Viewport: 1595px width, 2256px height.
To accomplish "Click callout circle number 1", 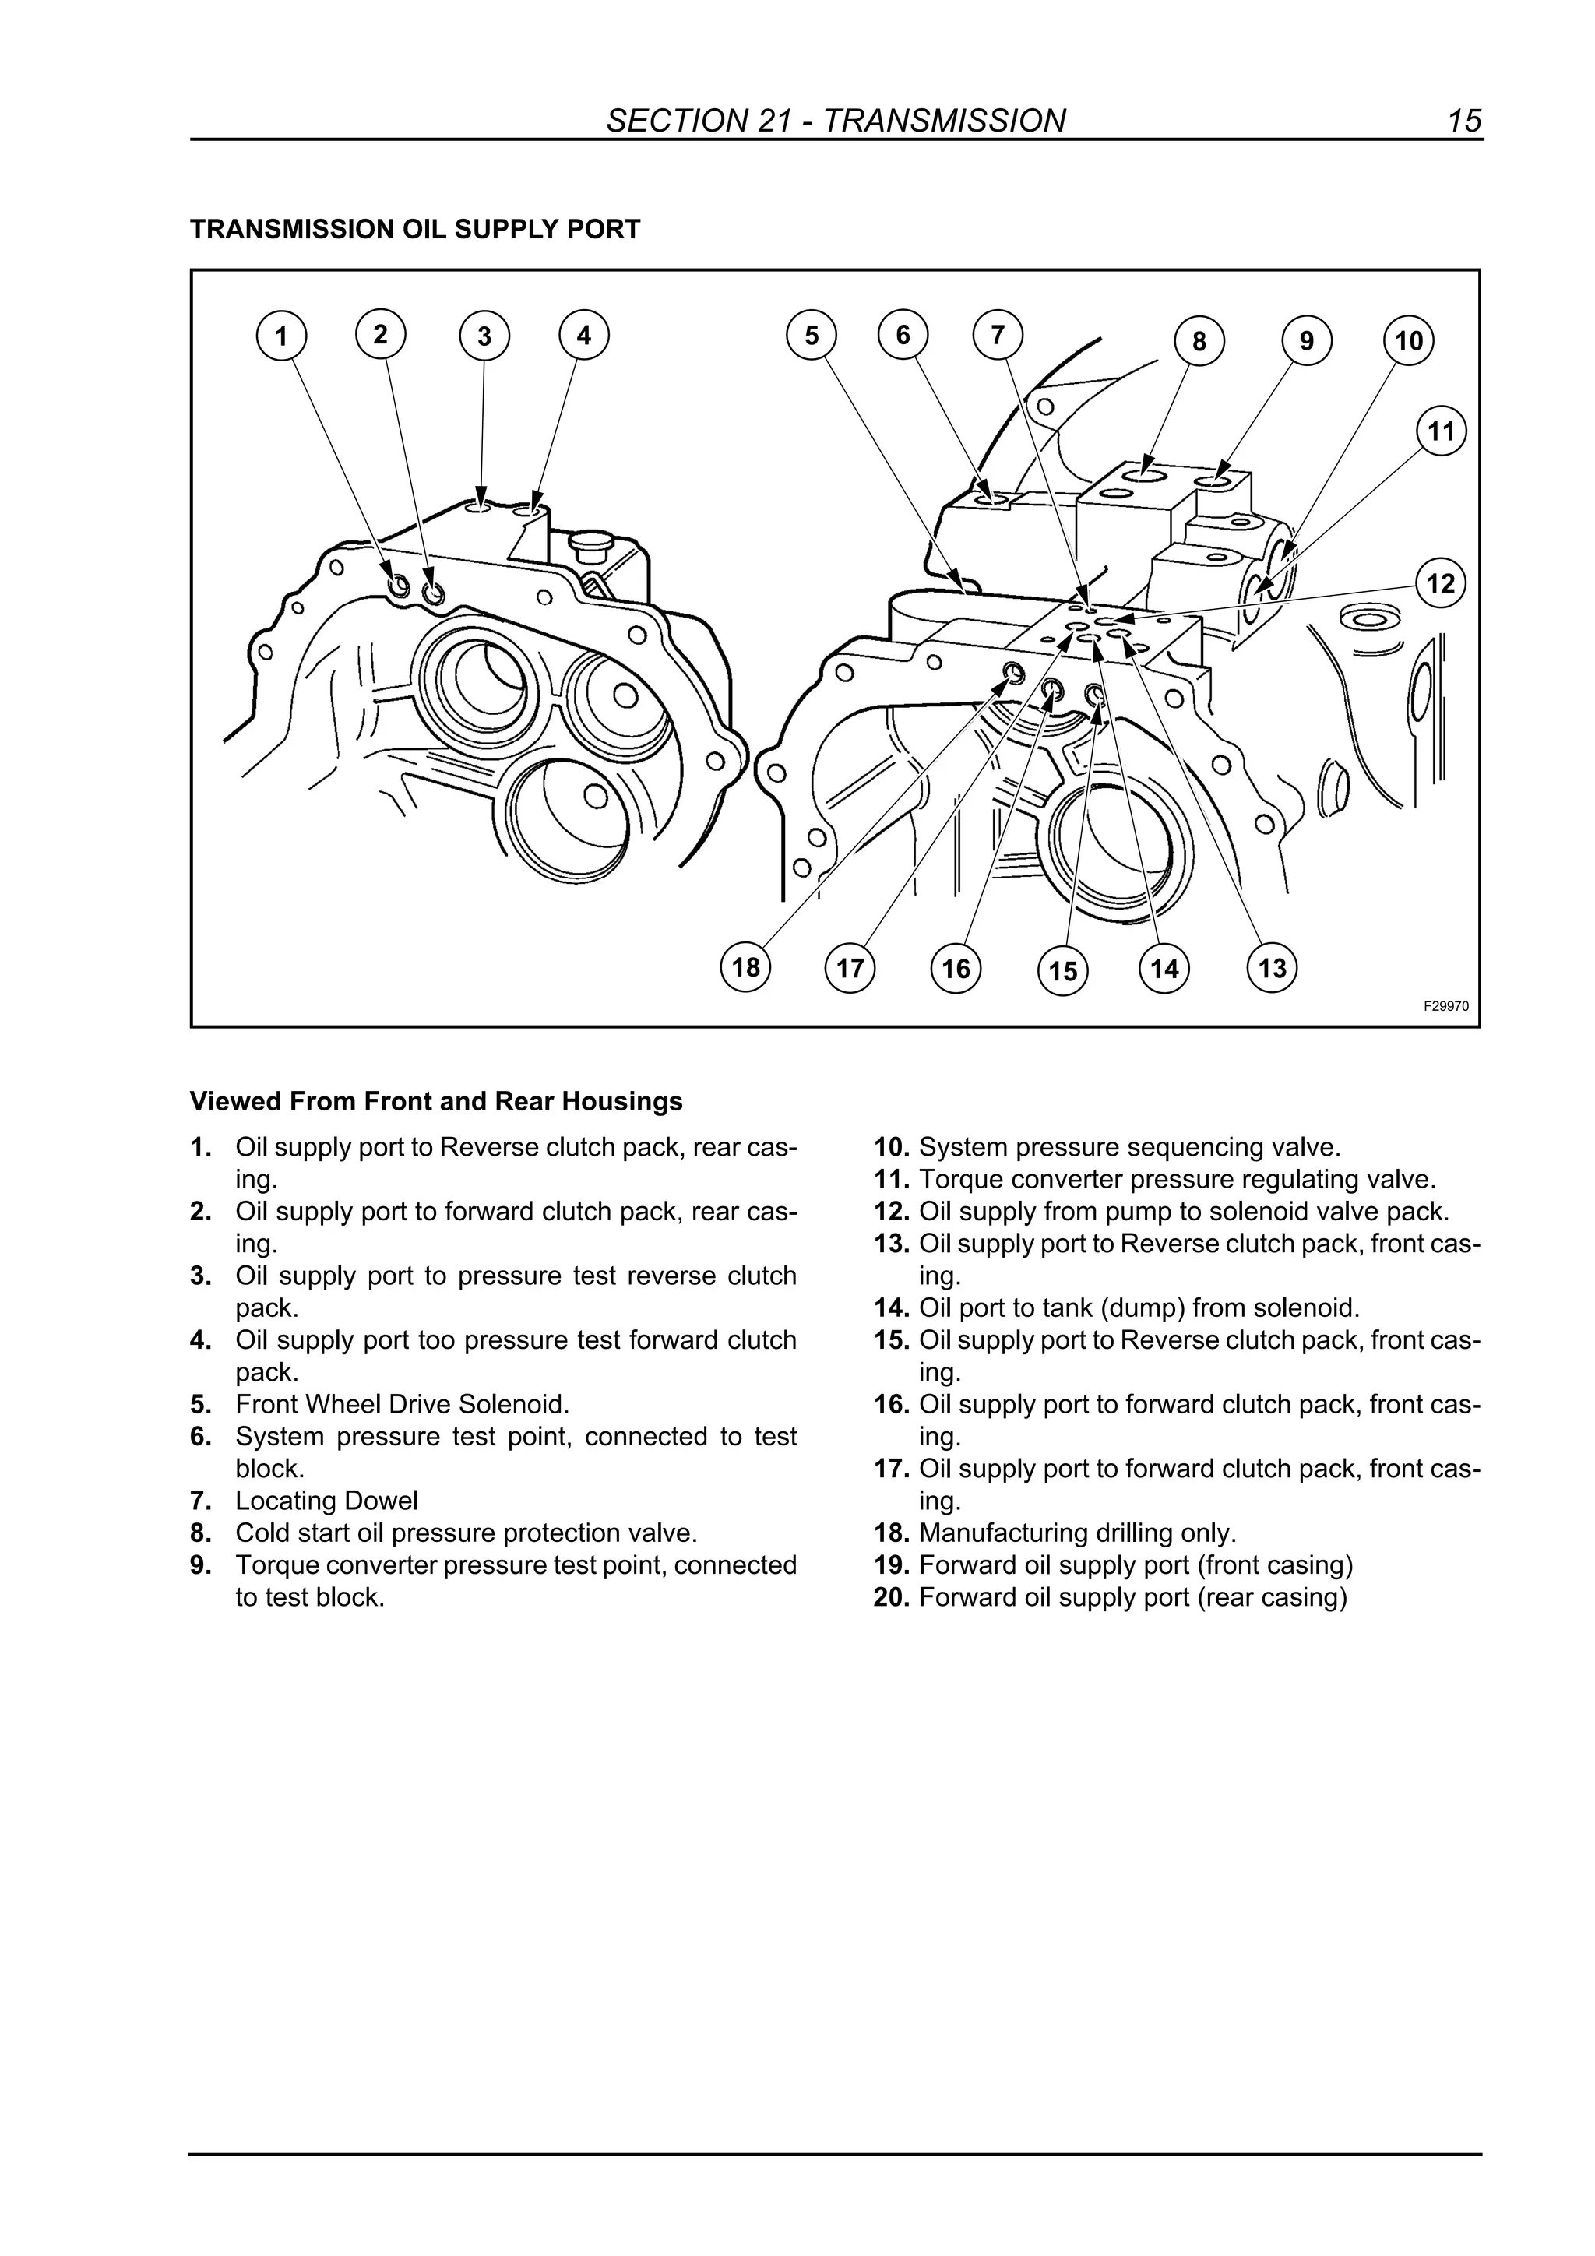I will click(x=281, y=336).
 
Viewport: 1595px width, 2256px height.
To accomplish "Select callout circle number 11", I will click(x=1441, y=431).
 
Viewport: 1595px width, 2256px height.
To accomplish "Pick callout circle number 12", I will click(x=1441, y=583).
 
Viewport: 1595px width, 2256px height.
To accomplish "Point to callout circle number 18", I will click(x=746, y=968).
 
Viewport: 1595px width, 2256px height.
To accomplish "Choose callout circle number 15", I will click(x=1063, y=971).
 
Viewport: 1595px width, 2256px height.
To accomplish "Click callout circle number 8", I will click(x=1199, y=341).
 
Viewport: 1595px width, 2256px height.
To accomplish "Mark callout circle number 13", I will click(x=1272, y=968).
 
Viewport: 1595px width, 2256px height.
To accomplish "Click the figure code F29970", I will click(x=1445, y=1006).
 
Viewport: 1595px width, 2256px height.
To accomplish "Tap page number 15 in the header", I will click(x=1463, y=121).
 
